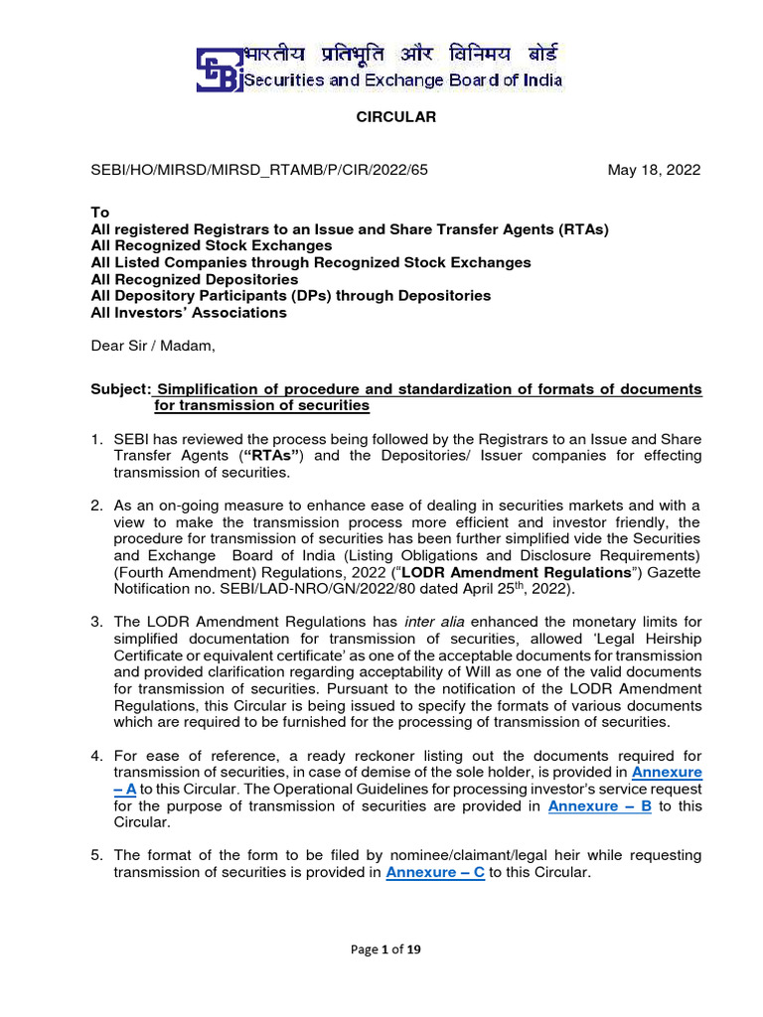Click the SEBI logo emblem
coord(219,69)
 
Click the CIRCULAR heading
coord(382,117)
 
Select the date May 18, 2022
coord(654,170)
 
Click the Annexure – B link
coord(599,806)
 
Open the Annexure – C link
coord(434,872)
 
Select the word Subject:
coord(120,388)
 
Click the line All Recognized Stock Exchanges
coord(211,245)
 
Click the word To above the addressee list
coord(99,213)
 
